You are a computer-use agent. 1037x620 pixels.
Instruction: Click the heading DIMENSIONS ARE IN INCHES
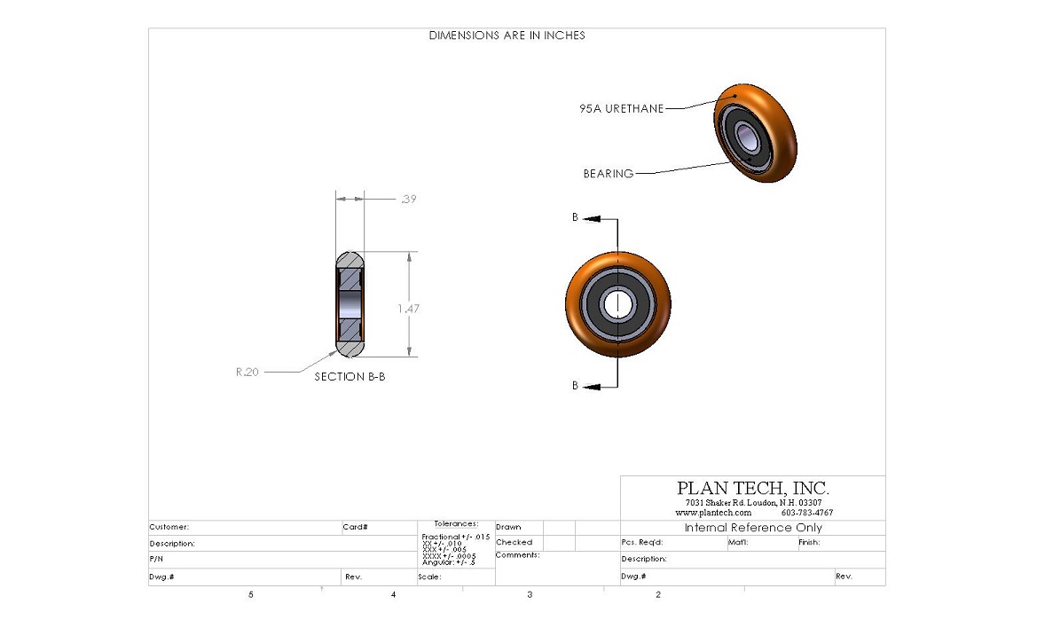tap(507, 35)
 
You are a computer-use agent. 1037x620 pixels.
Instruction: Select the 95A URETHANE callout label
tap(620, 109)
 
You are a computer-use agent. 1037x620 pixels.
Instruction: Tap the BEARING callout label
tap(608, 174)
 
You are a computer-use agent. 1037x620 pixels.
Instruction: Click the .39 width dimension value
tap(408, 200)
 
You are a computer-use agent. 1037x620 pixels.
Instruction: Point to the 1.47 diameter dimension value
tap(408, 309)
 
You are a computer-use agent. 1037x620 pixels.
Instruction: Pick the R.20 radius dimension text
tap(247, 373)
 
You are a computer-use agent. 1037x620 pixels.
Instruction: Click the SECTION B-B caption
tap(350, 376)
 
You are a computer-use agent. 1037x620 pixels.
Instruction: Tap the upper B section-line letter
tap(575, 217)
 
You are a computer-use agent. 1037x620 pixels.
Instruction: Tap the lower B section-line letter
tap(575, 386)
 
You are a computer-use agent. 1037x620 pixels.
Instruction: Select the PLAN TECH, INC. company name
tap(752, 488)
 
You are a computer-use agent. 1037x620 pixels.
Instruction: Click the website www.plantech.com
tap(713, 513)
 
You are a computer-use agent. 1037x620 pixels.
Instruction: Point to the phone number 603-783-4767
tap(806, 513)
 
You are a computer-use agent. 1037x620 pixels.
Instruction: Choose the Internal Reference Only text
tap(753, 528)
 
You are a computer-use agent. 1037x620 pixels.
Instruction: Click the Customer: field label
tap(169, 527)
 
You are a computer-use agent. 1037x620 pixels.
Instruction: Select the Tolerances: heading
tap(456, 524)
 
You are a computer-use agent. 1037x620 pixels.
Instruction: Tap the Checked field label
tap(514, 542)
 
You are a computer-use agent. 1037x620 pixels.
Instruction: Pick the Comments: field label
tap(517, 555)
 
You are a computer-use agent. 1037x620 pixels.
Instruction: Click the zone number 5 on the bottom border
tap(251, 595)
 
